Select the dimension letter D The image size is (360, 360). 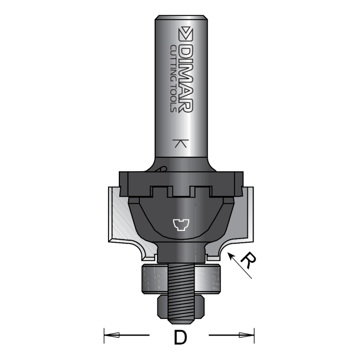pos(179,338)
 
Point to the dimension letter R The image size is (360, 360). pos(248,260)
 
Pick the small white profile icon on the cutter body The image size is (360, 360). pos(181,224)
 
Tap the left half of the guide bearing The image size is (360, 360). pos(153,280)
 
